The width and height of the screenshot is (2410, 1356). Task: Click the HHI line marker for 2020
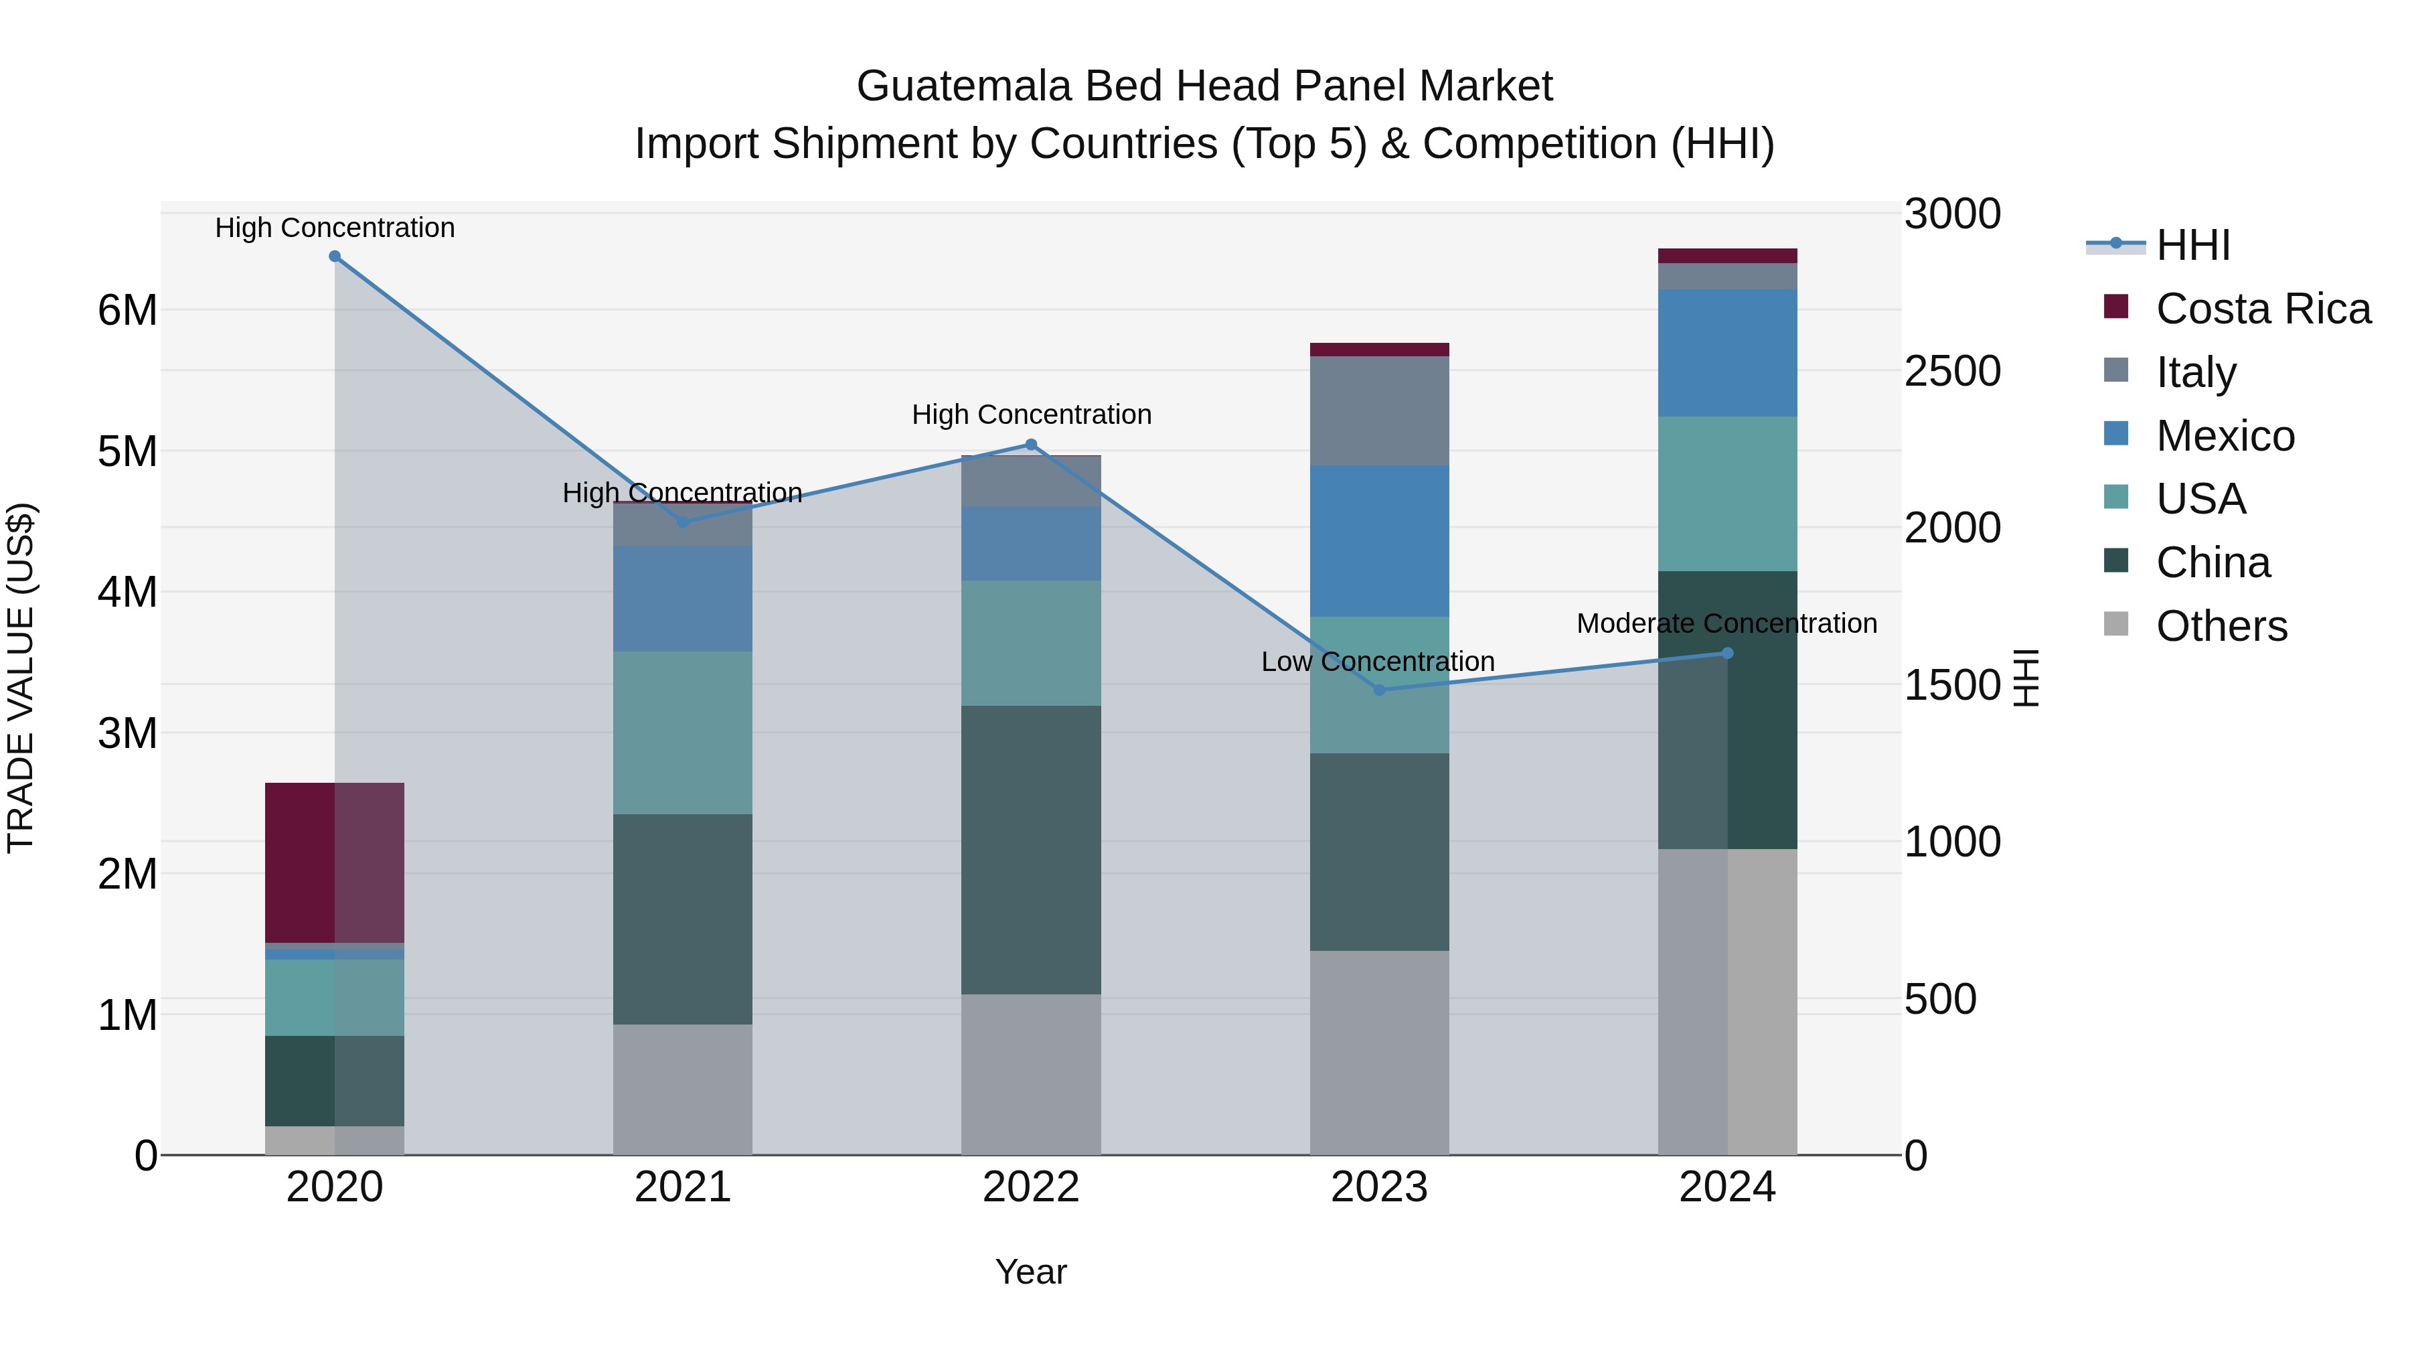(x=335, y=256)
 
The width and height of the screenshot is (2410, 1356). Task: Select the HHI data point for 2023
(x=1379, y=690)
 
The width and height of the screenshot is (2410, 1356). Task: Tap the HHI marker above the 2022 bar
(x=1031, y=445)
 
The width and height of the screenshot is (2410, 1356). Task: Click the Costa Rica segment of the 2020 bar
(x=334, y=862)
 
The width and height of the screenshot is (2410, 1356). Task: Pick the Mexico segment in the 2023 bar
(x=1379, y=541)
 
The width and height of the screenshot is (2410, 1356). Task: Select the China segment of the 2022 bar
(x=1031, y=849)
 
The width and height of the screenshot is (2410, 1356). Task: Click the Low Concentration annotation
(x=1377, y=662)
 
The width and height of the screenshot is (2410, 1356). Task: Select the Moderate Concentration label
(x=1726, y=623)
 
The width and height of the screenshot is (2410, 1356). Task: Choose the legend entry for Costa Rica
(x=2262, y=309)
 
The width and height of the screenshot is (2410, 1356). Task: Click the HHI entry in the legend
(x=2192, y=245)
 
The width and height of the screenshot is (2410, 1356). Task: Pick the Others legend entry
(x=2221, y=626)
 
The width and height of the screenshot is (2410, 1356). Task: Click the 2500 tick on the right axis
(x=1951, y=372)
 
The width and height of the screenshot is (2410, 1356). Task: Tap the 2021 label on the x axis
(x=682, y=1187)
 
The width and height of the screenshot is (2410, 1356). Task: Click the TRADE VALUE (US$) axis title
(x=21, y=678)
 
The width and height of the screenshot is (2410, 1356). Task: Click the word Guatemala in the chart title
(x=963, y=86)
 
